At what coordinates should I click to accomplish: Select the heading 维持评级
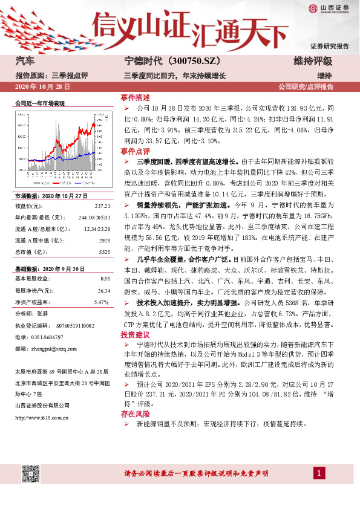coord(313,61)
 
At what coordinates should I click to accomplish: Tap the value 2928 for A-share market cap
coord(103,239)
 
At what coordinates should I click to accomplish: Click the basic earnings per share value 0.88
coord(104,279)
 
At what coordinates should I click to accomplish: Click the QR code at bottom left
coord(30,473)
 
